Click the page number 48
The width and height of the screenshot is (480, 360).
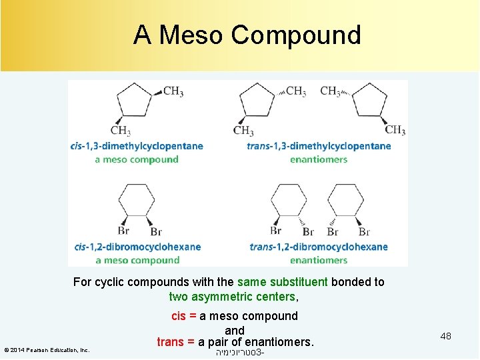[445, 336]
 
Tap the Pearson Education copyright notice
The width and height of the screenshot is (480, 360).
[47, 350]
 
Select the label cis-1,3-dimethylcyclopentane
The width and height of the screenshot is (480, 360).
[136, 146]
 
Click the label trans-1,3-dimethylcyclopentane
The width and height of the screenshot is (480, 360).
[319, 146]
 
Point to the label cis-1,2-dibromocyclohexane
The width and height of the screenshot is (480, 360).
[137, 247]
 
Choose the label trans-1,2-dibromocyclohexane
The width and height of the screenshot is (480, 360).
[318, 247]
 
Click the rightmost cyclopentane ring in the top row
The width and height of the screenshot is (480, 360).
[369, 101]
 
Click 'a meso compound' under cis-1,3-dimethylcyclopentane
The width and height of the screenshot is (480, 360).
[137, 159]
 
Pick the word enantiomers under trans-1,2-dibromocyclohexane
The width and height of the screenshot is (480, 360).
[318, 260]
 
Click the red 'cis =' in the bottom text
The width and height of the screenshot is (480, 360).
[184, 316]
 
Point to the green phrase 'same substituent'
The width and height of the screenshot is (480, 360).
[282, 282]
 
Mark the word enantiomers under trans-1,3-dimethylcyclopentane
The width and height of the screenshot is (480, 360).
[318, 159]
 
